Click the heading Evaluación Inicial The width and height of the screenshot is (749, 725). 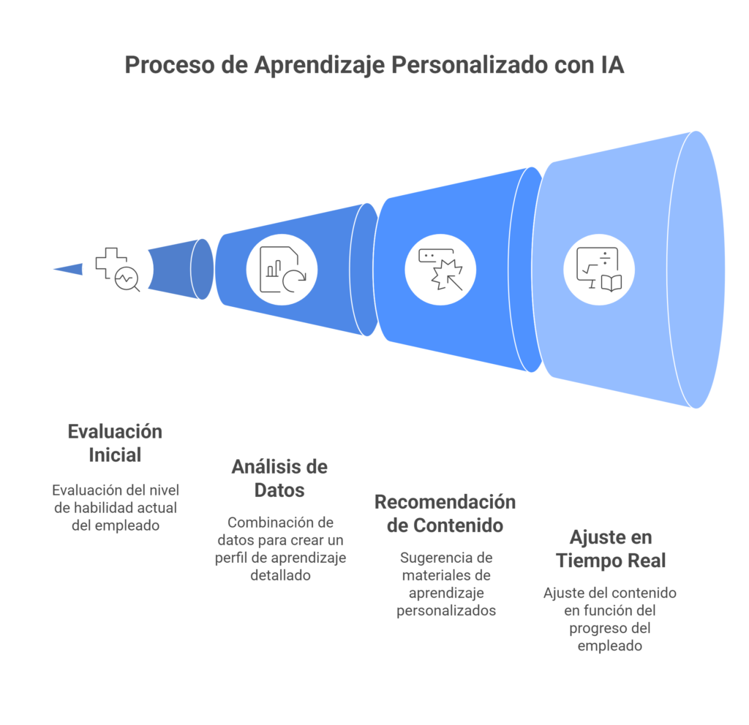click(x=115, y=443)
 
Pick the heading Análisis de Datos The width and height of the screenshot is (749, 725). click(x=279, y=478)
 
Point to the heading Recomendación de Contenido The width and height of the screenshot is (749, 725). click(x=445, y=514)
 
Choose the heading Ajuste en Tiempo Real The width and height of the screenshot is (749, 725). click(x=610, y=550)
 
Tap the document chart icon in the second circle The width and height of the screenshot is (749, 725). click(x=282, y=270)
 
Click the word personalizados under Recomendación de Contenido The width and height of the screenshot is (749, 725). click(x=446, y=610)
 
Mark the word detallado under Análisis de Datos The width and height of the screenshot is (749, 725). click(x=279, y=575)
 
